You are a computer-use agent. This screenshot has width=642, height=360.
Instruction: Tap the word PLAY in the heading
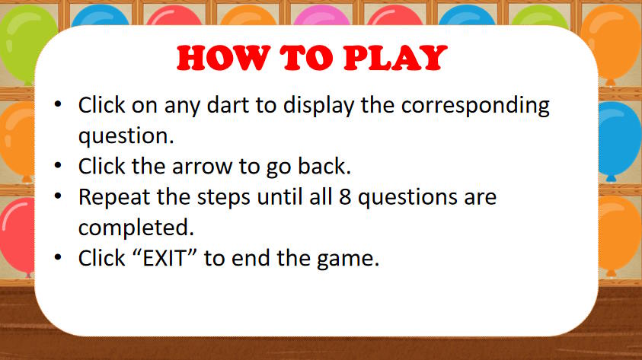pyautogui.click(x=395, y=58)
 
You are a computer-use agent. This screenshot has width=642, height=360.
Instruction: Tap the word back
pyautogui.click(x=324, y=166)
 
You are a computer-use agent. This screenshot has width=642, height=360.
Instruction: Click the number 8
pyautogui.click(x=345, y=197)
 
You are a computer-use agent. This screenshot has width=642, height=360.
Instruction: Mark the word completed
pyautogui.click(x=136, y=228)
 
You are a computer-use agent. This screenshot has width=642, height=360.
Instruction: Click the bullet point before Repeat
pyautogui.click(x=58, y=196)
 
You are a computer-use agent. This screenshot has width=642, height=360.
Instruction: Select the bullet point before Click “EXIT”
pyautogui.click(x=58, y=257)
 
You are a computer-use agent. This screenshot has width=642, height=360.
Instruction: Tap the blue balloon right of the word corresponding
pyautogui.click(x=618, y=139)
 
